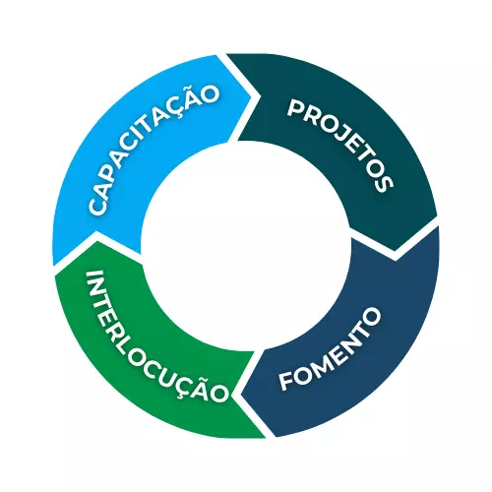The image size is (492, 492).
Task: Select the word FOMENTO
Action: pos(330,349)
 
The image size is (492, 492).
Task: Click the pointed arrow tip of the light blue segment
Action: pos(251,96)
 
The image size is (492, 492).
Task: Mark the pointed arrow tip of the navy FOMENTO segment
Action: pos(241,395)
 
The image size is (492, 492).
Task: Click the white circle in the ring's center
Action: pos(245,246)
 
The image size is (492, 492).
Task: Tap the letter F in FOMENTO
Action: pos(286,381)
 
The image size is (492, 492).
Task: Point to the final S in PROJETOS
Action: pos(384,184)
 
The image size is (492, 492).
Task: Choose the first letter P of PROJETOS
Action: pos(295,108)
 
